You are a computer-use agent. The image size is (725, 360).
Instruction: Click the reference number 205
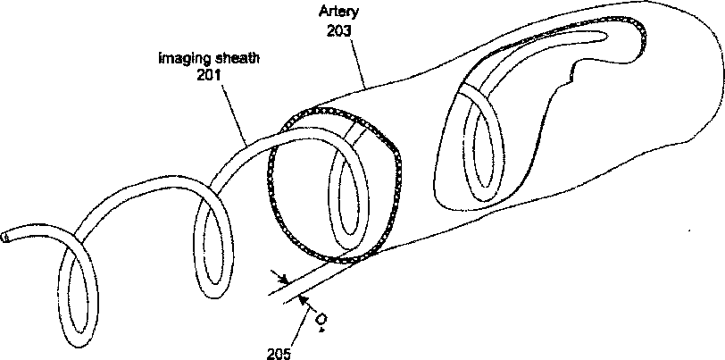279,351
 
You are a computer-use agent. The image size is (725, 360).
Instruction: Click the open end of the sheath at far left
7,238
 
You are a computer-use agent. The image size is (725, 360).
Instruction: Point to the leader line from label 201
230,112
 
